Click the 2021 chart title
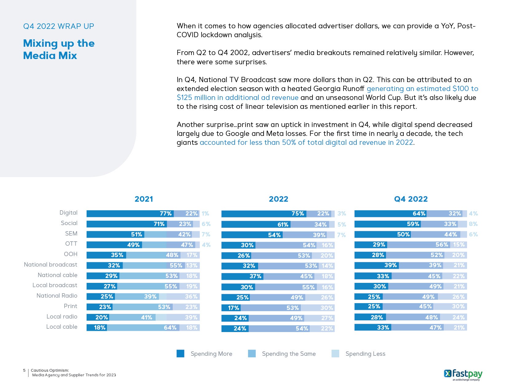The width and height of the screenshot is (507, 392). click(x=143, y=199)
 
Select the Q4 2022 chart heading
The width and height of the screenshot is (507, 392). click(x=411, y=199)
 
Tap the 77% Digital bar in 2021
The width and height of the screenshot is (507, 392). click(x=130, y=214)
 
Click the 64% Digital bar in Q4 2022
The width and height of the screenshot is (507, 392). click(x=390, y=214)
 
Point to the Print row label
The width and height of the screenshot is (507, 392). click(x=70, y=306)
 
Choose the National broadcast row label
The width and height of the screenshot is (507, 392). click(x=50, y=265)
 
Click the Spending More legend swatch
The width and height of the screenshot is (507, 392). click(x=180, y=354)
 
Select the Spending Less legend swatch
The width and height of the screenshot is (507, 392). click(x=335, y=354)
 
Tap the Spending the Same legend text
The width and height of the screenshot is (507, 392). click(x=289, y=354)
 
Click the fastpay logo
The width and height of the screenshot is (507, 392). click(x=463, y=374)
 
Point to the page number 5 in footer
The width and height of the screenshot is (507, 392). click(x=24, y=370)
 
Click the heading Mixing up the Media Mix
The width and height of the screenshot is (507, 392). click(x=59, y=49)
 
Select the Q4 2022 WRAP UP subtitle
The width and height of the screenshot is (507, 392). click(x=58, y=26)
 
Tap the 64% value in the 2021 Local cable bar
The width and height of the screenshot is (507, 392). click(x=170, y=328)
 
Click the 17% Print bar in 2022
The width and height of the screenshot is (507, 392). click(x=231, y=308)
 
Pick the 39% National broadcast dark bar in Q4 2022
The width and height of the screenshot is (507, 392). click(x=376, y=265)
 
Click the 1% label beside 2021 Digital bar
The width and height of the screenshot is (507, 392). click(x=205, y=214)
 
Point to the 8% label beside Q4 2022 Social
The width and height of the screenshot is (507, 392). click(x=473, y=224)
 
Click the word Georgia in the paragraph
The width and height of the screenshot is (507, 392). click(x=326, y=89)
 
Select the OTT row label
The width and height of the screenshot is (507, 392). click(x=71, y=244)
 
